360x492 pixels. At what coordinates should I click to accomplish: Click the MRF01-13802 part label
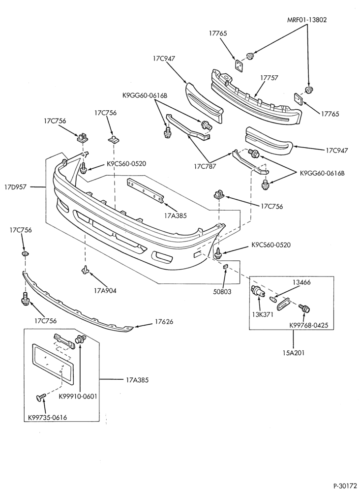click(x=307, y=20)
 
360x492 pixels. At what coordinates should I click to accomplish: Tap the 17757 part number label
click(x=269, y=78)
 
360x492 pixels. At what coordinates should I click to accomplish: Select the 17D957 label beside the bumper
click(x=15, y=187)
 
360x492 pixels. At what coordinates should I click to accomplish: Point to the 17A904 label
click(x=105, y=291)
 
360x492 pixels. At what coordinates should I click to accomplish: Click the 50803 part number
click(x=222, y=291)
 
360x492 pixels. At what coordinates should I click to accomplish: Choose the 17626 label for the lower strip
click(x=164, y=322)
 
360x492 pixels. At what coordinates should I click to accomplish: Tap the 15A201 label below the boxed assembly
click(x=293, y=353)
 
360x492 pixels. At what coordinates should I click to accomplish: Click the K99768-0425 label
click(x=308, y=325)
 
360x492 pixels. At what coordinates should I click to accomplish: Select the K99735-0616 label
click(x=47, y=418)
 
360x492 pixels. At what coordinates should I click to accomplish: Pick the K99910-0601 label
click(x=78, y=397)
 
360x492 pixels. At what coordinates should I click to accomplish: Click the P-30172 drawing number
click(x=345, y=486)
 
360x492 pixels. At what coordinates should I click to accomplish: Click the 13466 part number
click(x=301, y=282)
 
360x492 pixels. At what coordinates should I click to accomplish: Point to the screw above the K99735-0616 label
click(x=41, y=397)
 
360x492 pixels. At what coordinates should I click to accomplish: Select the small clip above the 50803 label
click(x=225, y=267)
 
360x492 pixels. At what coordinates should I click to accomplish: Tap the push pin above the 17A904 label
click(x=85, y=269)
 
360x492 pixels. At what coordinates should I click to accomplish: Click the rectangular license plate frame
click(x=53, y=364)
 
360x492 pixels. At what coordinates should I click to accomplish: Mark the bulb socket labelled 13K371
click(x=258, y=291)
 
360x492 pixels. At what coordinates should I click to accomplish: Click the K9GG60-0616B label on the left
click(x=145, y=95)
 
